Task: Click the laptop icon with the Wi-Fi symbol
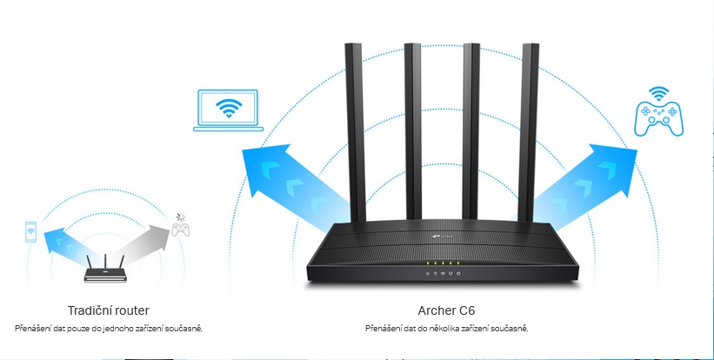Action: pos(229,110)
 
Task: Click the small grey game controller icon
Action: pos(180,230)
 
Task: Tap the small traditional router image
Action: pos(103,270)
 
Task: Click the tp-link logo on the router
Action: pos(434,233)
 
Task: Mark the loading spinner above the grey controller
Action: pos(180,216)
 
